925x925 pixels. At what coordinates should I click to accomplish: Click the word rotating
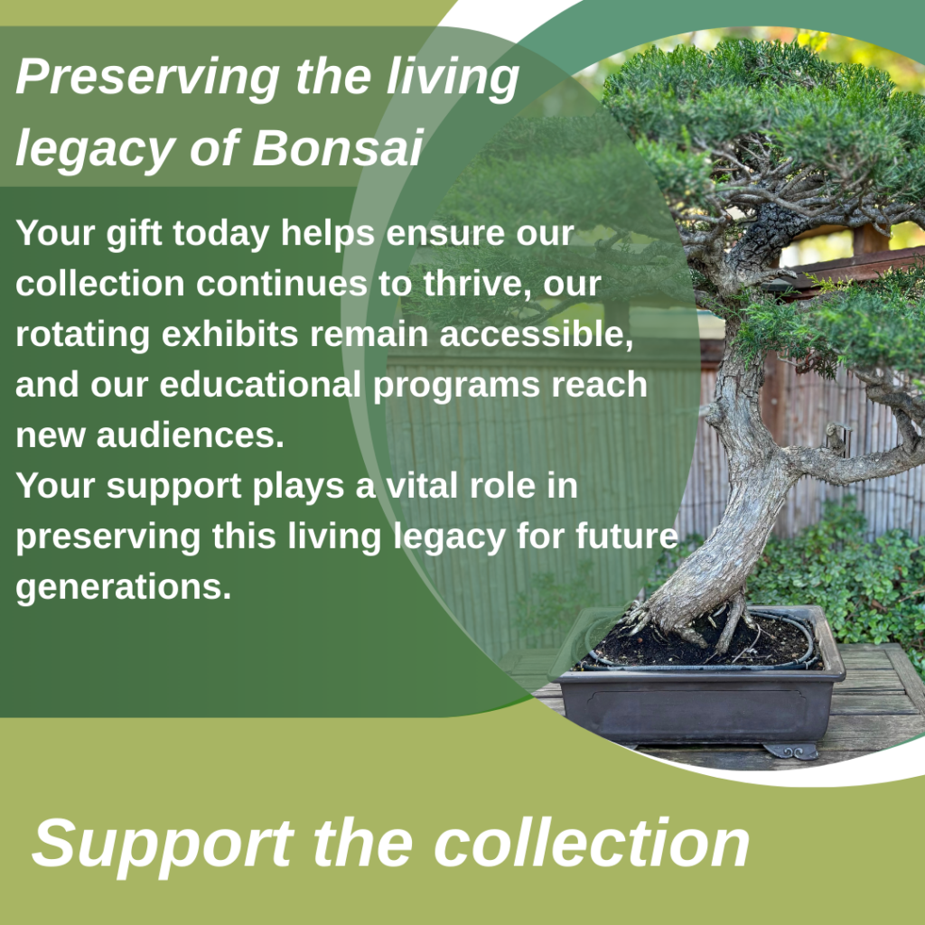(x=73, y=335)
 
